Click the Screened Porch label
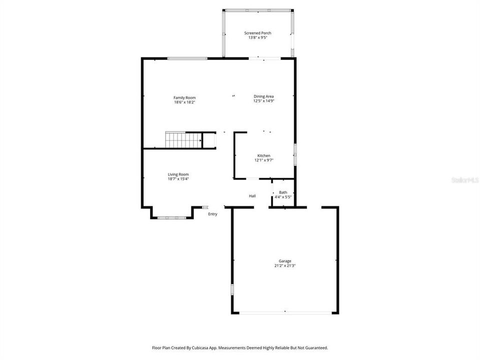point(258,33)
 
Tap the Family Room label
point(184,97)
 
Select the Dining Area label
point(263,96)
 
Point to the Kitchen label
point(264,155)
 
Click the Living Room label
point(178,174)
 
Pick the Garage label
point(285,261)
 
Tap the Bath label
point(283,192)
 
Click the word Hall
point(252,196)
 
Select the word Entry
point(213,214)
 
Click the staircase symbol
point(183,139)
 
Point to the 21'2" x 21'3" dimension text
point(285,265)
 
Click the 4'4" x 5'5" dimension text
point(283,197)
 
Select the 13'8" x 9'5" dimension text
point(258,37)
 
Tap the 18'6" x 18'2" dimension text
point(184,102)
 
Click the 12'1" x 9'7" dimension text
point(264,160)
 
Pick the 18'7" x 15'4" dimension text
point(178,179)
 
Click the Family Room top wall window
point(187,58)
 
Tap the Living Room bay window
point(172,217)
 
